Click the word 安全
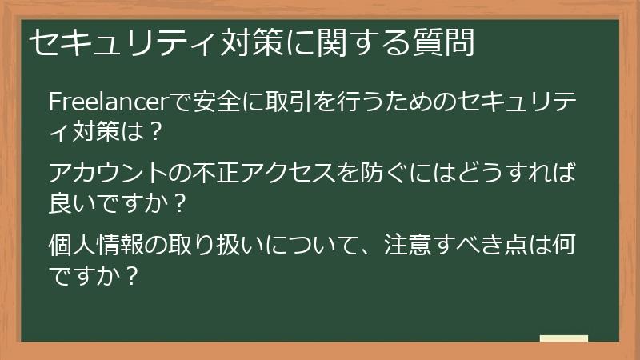click(209, 102)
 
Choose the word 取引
click(280, 102)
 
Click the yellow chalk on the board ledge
click(563, 339)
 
